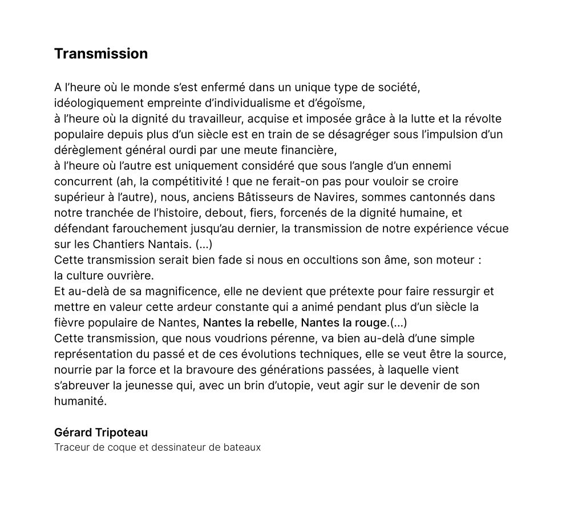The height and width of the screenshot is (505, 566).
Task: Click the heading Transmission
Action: [101, 54]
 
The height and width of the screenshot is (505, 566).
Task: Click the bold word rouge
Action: [372, 322]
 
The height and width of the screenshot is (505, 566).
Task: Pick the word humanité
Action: [80, 401]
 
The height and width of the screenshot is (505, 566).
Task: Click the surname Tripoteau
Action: [123, 432]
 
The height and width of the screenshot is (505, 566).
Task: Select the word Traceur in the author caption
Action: [70, 447]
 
